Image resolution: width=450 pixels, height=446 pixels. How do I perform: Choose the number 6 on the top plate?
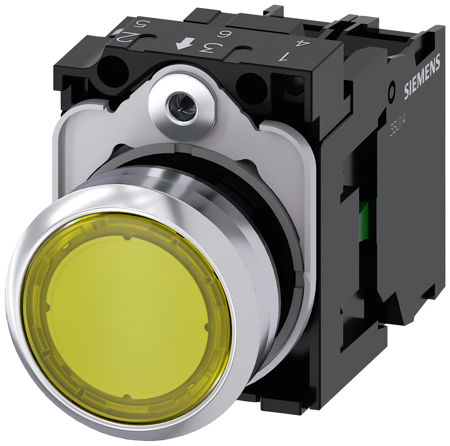pos(221,35)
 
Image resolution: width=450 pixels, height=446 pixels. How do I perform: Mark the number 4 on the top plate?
pos(300,44)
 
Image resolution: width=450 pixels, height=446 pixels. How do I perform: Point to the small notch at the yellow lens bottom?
pos(127,397)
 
